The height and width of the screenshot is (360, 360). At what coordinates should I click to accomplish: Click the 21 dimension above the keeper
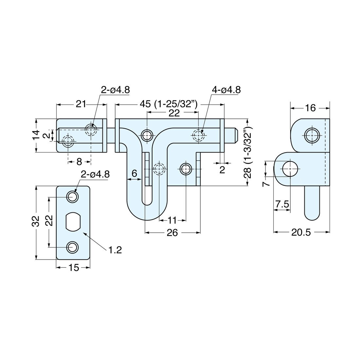[81, 104]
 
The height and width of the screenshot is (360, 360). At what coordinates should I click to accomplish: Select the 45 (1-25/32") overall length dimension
[169, 104]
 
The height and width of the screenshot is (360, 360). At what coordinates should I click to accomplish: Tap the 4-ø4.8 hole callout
[226, 90]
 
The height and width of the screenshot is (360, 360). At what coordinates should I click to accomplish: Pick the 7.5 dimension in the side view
[282, 204]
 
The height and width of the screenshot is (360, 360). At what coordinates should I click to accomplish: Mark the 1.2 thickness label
[115, 250]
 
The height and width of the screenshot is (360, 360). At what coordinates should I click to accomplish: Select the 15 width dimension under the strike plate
[74, 268]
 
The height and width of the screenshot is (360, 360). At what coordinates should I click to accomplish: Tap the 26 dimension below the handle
[172, 233]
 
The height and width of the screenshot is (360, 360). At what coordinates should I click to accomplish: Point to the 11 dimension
[172, 220]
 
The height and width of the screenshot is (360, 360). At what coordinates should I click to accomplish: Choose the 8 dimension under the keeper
[79, 161]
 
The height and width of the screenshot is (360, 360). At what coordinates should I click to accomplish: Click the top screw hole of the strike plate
[72, 197]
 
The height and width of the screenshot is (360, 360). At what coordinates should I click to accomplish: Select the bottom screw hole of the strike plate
[72, 247]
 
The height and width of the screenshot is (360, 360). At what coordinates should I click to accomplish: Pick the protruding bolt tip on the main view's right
[232, 135]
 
